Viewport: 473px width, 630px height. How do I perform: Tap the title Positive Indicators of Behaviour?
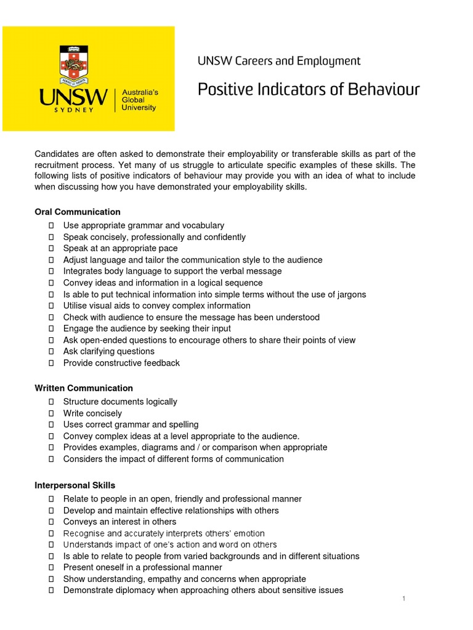308,90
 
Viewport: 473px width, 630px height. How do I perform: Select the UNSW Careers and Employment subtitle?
278,61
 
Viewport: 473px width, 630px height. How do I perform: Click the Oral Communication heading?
78,212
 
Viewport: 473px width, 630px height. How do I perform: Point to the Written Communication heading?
84,388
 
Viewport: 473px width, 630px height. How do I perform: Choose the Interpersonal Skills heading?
75,485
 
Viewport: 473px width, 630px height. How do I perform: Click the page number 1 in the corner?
403,599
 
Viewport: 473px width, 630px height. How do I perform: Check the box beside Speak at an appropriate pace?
51,249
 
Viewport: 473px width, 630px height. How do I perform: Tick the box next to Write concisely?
51,413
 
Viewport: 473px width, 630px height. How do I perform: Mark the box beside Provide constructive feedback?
51,363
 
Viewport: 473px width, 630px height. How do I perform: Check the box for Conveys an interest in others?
51,522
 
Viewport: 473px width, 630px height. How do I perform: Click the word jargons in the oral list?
351,294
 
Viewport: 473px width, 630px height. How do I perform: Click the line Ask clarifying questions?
109,351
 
